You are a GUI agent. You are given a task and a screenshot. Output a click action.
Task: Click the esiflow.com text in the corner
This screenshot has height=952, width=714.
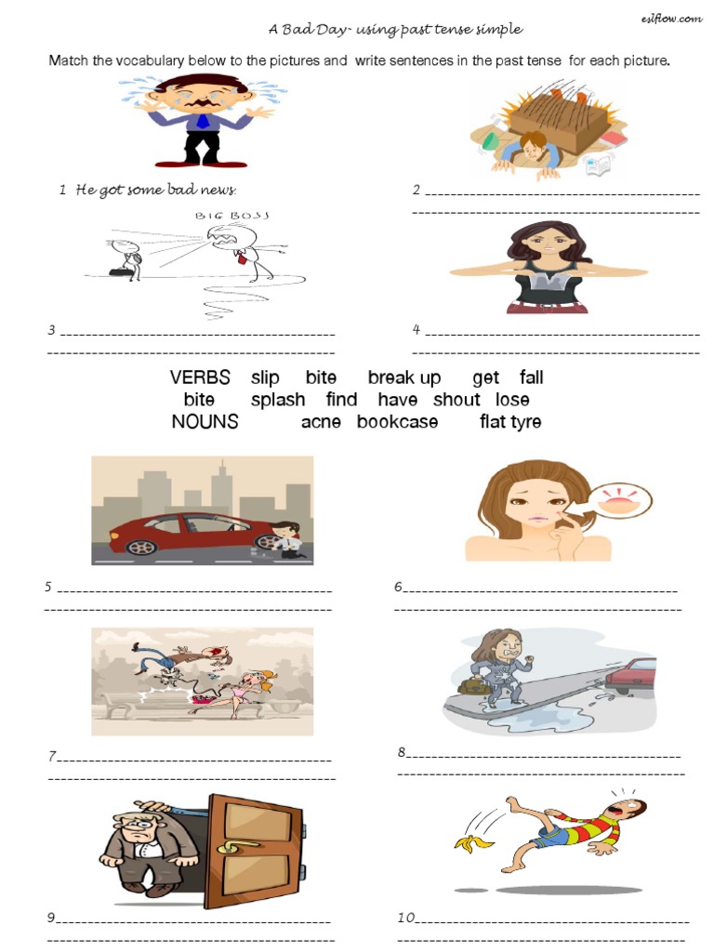671,20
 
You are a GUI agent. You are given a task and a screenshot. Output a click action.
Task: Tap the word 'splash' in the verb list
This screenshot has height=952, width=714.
277,400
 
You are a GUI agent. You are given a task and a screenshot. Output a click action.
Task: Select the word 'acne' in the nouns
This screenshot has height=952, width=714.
321,422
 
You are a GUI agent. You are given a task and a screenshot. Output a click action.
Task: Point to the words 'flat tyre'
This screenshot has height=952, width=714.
510,422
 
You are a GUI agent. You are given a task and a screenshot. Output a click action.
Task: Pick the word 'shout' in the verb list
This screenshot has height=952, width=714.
456,400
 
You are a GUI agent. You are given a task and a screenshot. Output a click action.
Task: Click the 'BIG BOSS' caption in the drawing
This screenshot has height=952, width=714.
232,216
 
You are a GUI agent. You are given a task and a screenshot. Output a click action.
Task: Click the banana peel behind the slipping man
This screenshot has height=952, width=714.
469,843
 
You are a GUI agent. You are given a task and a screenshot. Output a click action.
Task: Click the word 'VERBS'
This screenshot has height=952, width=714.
200,377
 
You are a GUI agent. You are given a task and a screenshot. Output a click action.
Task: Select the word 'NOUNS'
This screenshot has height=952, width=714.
205,422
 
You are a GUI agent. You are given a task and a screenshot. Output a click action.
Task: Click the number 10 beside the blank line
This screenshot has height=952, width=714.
406,918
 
